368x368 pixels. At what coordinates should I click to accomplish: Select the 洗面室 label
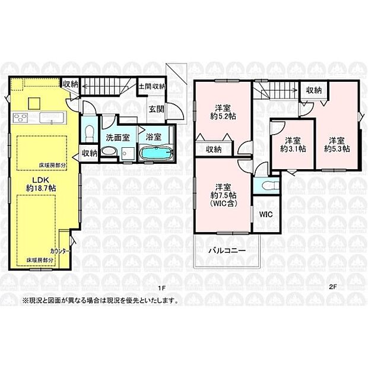click(x=116, y=137)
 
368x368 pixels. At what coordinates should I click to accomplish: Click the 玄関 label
click(x=156, y=109)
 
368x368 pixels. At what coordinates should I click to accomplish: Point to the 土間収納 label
click(x=152, y=87)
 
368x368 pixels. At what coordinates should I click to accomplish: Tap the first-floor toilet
click(x=88, y=130)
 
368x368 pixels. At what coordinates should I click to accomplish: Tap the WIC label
click(x=265, y=215)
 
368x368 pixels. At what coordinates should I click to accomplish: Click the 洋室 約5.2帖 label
click(x=223, y=112)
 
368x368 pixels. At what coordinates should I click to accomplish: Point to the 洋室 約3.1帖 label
click(x=292, y=145)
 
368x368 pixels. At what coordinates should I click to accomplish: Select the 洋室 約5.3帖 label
click(x=335, y=144)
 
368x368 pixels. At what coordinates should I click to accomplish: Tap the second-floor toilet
click(x=266, y=186)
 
